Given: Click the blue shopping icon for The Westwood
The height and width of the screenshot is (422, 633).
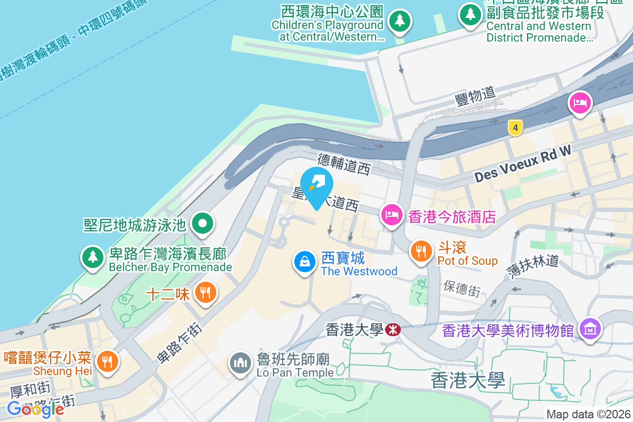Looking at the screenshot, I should [x=304, y=262].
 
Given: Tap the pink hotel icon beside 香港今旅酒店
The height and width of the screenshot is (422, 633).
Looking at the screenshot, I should [x=391, y=215].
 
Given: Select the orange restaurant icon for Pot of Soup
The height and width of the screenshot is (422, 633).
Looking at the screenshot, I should [x=420, y=251].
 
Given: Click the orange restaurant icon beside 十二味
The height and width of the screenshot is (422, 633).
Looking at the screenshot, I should [x=205, y=292].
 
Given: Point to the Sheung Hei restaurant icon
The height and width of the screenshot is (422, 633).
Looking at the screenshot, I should [x=108, y=361].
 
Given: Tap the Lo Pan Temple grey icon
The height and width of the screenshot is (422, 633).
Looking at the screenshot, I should [x=241, y=363].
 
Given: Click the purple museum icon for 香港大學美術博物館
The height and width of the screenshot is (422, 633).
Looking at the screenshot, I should [x=590, y=329].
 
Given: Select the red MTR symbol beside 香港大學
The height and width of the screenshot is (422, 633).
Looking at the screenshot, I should [x=392, y=330].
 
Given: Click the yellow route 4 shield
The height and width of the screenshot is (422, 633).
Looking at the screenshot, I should [x=515, y=127].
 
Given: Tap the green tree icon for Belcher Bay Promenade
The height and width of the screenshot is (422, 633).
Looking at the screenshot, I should [x=93, y=257].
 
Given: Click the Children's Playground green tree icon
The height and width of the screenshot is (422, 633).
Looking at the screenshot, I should [x=399, y=21].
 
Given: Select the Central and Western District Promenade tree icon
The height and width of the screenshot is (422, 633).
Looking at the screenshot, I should [x=469, y=14].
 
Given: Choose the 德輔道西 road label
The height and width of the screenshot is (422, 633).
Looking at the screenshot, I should [x=344, y=164].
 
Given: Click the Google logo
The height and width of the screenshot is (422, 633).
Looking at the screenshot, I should [x=35, y=409].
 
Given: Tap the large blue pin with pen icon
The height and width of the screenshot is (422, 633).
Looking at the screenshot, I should [x=316, y=186].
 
